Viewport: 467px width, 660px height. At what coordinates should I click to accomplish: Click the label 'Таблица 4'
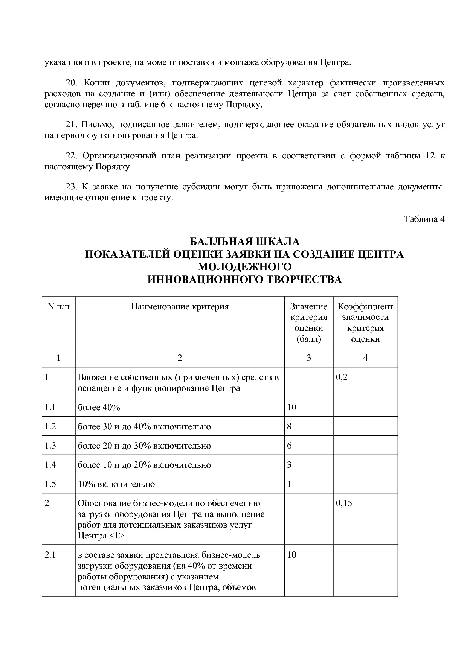click(424, 219)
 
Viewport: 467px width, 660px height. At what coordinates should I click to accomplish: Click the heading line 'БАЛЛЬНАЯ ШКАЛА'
click(244, 241)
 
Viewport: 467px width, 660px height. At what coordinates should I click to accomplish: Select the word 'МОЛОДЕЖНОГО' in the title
click(245, 267)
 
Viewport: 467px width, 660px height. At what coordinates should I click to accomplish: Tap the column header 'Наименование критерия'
click(180, 306)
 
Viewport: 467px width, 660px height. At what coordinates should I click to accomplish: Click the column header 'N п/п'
click(58, 306)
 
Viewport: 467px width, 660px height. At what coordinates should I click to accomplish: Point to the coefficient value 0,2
click(342, 377)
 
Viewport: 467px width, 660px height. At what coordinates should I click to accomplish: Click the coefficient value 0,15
click(344, 503)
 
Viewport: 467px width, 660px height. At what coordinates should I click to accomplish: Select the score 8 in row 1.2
click(289, 426)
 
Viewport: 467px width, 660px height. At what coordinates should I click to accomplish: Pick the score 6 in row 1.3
click(289, 446)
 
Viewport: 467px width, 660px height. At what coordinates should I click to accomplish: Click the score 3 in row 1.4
click(289, 465)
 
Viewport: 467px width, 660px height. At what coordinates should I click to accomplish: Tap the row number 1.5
click(50, 484)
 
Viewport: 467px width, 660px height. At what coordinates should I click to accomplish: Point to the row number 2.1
click(50, 555)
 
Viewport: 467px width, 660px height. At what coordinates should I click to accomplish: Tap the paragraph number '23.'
click(72, 187)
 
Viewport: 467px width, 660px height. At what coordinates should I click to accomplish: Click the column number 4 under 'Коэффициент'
click(365, 358)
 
